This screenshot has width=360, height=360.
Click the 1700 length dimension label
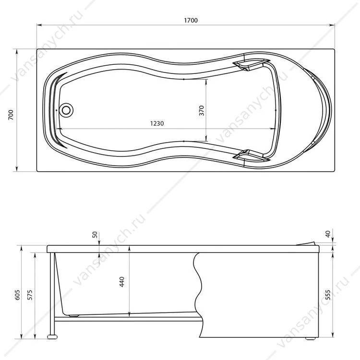(191, 21)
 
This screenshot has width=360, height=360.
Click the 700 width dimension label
(11, 115)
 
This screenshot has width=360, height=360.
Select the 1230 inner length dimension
(157, 123)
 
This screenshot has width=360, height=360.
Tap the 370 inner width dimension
(201, 110)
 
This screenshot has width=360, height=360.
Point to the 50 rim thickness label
(95, 235)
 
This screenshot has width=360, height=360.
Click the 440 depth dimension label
(122, 282)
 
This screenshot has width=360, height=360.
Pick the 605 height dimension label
(17, 295)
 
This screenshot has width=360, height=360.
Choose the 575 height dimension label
(30, 295)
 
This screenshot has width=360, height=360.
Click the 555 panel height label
(328, 295)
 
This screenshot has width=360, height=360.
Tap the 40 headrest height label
(328, 234)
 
